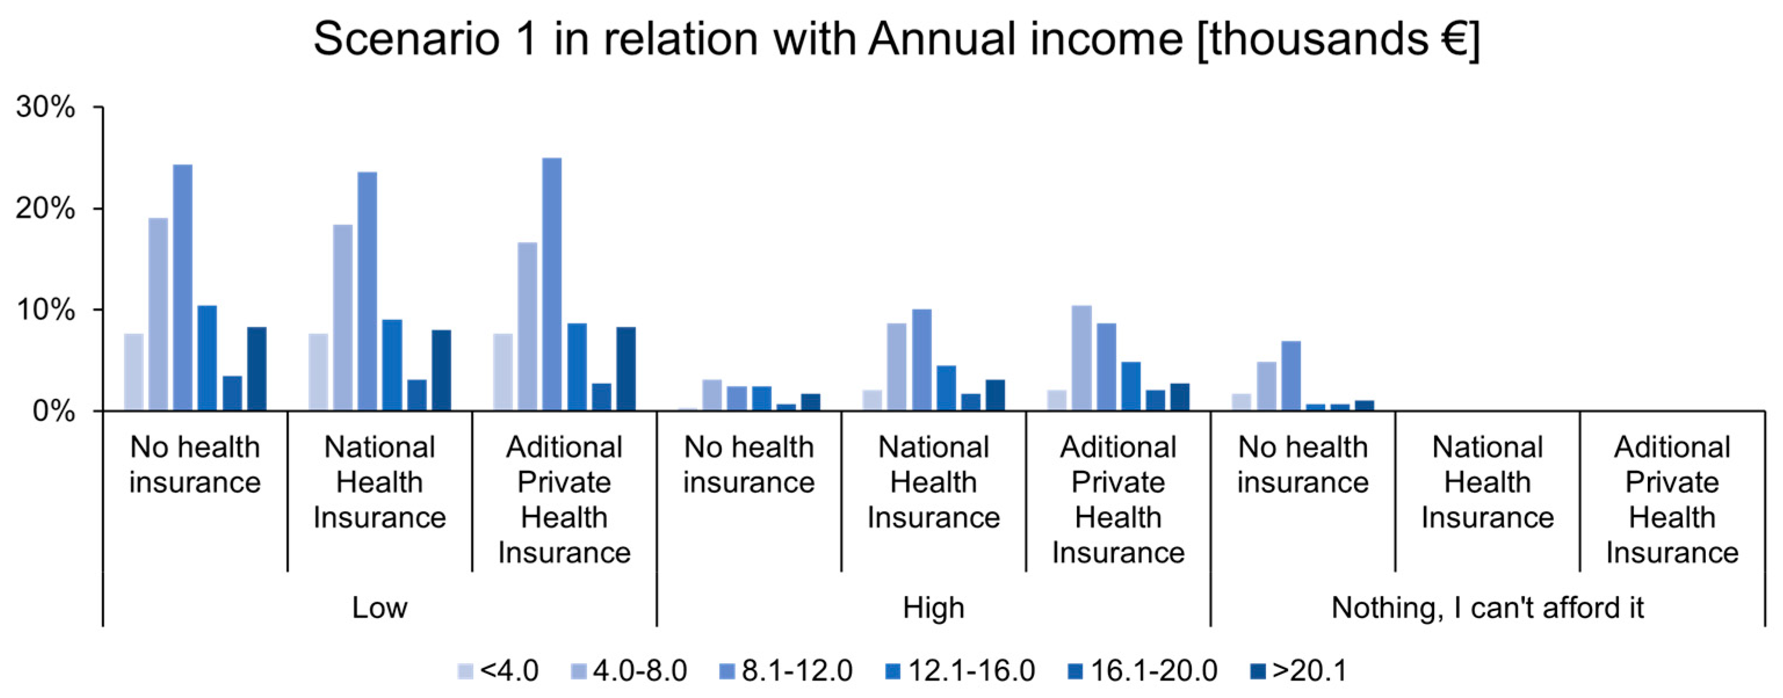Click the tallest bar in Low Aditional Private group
[x=552, y=283]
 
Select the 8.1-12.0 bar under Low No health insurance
[x=183, y=287]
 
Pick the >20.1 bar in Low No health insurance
[x=257, y=369]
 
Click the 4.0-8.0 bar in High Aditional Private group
[x=1081, y=358]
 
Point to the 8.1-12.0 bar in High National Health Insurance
[x=921, y=359]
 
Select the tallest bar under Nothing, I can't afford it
[x=1291, y=376]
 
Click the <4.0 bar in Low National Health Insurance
[x=319, y=372]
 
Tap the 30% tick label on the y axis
[x=46, y=107]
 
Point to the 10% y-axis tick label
[x=46, y=310]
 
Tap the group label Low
[x=379, y=608]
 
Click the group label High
[x=933, y=608]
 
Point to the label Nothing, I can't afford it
[x=1488, y=608]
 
